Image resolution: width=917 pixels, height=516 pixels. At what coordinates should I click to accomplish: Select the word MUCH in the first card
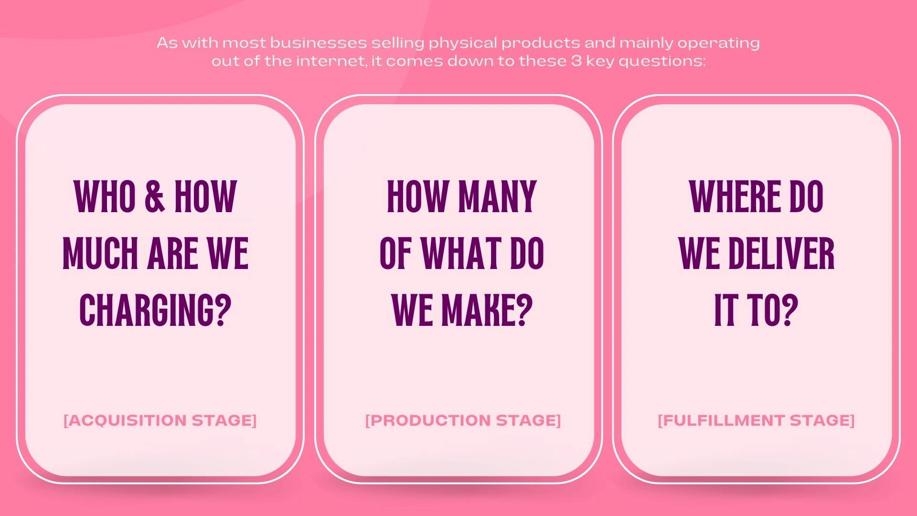tap(101, 253)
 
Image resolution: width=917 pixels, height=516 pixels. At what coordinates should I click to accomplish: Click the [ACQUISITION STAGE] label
tap(160, 420)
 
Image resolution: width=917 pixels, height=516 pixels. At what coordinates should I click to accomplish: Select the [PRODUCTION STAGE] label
tap(463, 420)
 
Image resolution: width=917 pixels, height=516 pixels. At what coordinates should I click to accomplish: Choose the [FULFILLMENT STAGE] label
tap(756, 420)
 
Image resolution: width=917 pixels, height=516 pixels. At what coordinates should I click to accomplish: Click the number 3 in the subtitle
tap(576, 61)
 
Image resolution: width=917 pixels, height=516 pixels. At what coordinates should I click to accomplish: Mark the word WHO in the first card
tap(105, 196)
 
